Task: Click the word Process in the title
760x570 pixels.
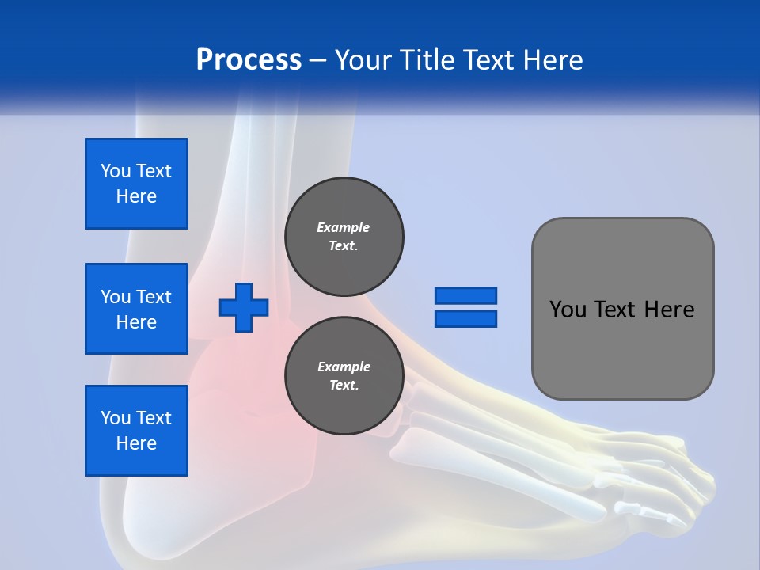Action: [249, 60]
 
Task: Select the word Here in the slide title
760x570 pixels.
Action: [552, 60]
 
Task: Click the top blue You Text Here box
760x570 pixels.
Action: [136, 184]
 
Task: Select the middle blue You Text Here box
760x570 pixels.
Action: [136, 309]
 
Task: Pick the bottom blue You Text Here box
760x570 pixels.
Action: [136, 431]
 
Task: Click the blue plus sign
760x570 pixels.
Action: [244, 307]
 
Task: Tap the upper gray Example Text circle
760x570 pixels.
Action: [344, 237]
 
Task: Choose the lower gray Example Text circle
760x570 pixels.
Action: [344, 376]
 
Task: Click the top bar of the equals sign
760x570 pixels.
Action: [465, 295]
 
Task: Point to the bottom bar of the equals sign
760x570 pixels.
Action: [465, 318]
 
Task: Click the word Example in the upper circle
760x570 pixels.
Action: [344, 227]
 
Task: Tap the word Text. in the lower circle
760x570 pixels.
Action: [344, 386]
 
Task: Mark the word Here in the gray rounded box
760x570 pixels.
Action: [669, 310]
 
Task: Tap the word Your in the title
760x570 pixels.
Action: [363, 60]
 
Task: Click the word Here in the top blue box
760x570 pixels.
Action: [136, 196]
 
